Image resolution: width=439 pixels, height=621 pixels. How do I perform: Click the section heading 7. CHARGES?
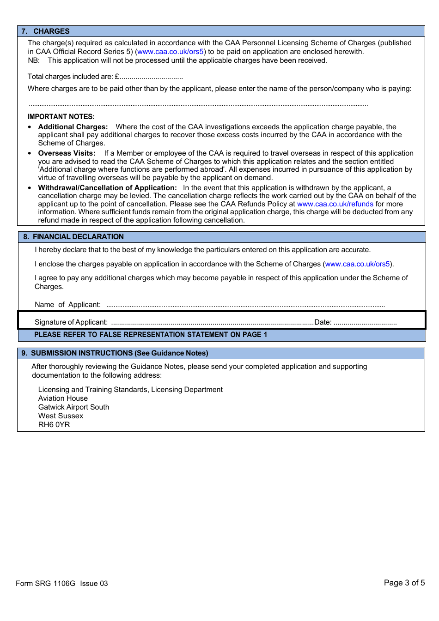click(x=45, y=31)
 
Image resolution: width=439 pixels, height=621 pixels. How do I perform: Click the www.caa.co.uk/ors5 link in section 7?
click(x=171, y=52)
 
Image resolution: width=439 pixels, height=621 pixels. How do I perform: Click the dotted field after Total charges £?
click(x=152, y=77)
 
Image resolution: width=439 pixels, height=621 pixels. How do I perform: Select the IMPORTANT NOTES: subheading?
click(x=61, y=117)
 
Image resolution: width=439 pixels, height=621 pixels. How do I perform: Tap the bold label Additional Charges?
click(x=73, y=127)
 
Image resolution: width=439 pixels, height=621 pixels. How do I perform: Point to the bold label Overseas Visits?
click(x=67, y=153)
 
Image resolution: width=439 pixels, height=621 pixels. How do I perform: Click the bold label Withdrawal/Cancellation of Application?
click(x=107, y=188)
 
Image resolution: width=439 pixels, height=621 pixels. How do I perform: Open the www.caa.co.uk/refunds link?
click(x=335, y=204)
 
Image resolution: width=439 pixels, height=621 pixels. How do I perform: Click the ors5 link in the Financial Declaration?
click(x=358, y=264)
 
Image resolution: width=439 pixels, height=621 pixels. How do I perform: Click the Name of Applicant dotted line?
click(x=245, y=305)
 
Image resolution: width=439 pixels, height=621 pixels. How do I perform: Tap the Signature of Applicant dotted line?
click(x=212, y=323)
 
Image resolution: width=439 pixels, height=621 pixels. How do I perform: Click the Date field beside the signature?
click(x=365, y=323)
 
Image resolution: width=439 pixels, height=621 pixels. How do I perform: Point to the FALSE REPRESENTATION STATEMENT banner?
click(x=151, y=335)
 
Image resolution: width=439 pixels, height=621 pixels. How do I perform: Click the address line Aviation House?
click(x=63, y=398)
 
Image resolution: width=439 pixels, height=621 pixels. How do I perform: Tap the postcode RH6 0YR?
click(x=54, y=425)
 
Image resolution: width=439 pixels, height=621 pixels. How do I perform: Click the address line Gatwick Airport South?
click(x=74, y=407)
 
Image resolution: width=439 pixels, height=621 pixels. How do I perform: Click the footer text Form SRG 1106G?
click(x=45, y=584)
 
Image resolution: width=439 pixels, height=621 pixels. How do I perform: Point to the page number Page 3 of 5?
click(x=404, y=583)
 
